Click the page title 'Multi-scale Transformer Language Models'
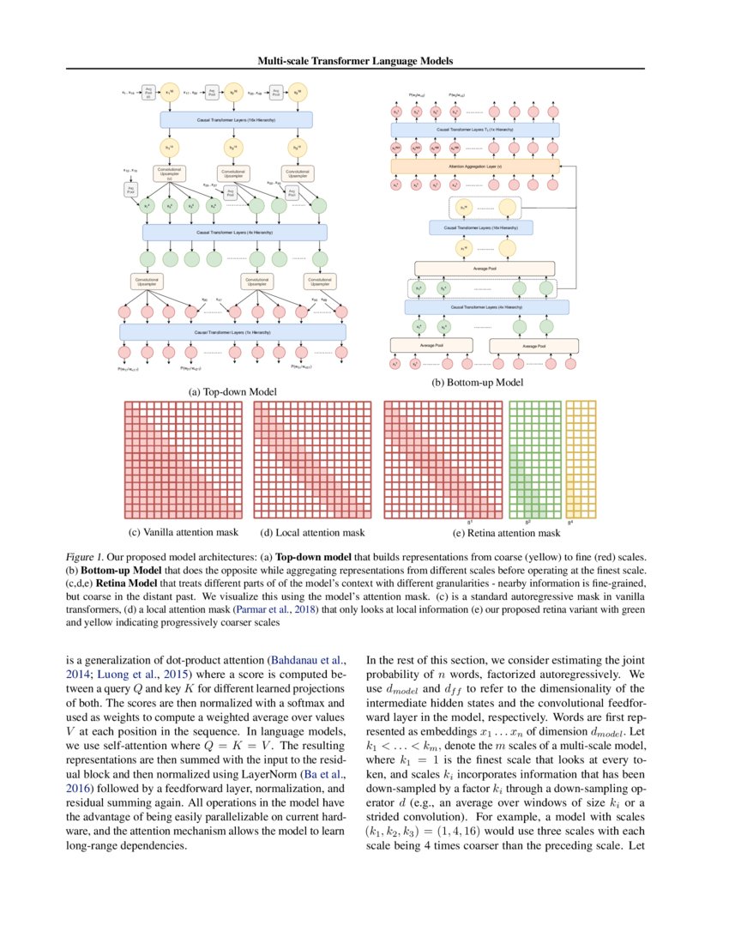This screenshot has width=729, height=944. (354, 61)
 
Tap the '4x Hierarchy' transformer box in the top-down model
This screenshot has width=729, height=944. (235, 232)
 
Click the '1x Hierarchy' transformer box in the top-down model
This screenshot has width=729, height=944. (232, 331)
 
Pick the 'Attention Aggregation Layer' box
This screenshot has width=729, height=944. (474, 166)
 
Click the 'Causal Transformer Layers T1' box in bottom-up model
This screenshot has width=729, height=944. (474, 130)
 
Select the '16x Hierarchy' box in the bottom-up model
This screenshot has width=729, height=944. (480, 227)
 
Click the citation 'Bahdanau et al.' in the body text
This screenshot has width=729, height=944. (307, 661)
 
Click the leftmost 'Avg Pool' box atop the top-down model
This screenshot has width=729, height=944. (148, 92)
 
